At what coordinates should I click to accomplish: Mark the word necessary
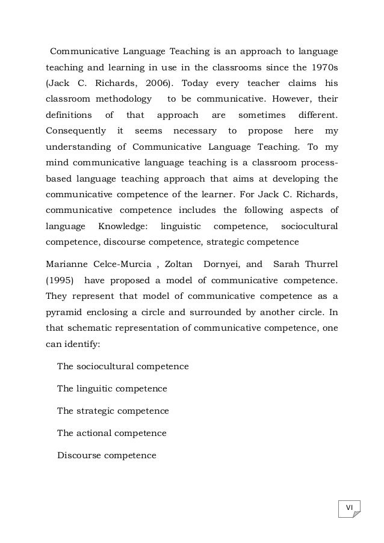(194, 130)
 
